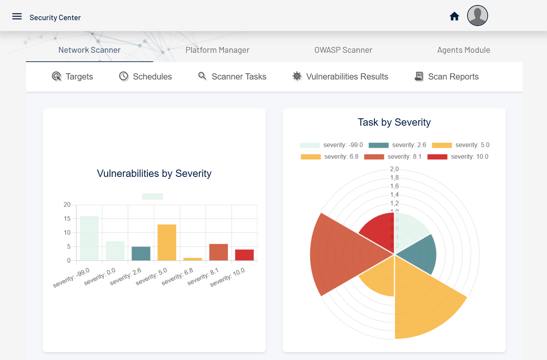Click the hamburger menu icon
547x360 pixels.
17,16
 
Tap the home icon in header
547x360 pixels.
454,16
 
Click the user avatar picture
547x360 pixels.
477,16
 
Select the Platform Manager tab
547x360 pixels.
217,50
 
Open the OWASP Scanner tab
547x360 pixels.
343,50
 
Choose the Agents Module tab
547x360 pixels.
463,50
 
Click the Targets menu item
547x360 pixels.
72,76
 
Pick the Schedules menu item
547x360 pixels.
145,76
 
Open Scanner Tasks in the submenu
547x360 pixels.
232,76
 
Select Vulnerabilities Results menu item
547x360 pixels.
340,76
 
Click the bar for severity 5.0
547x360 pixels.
167,242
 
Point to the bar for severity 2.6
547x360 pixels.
141,253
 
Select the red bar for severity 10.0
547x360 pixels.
244,255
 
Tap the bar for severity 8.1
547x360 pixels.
218,252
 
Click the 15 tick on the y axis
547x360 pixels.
67,219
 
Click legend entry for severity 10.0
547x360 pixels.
458,157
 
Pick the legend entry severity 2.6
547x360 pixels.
397,145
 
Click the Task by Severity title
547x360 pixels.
394,122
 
